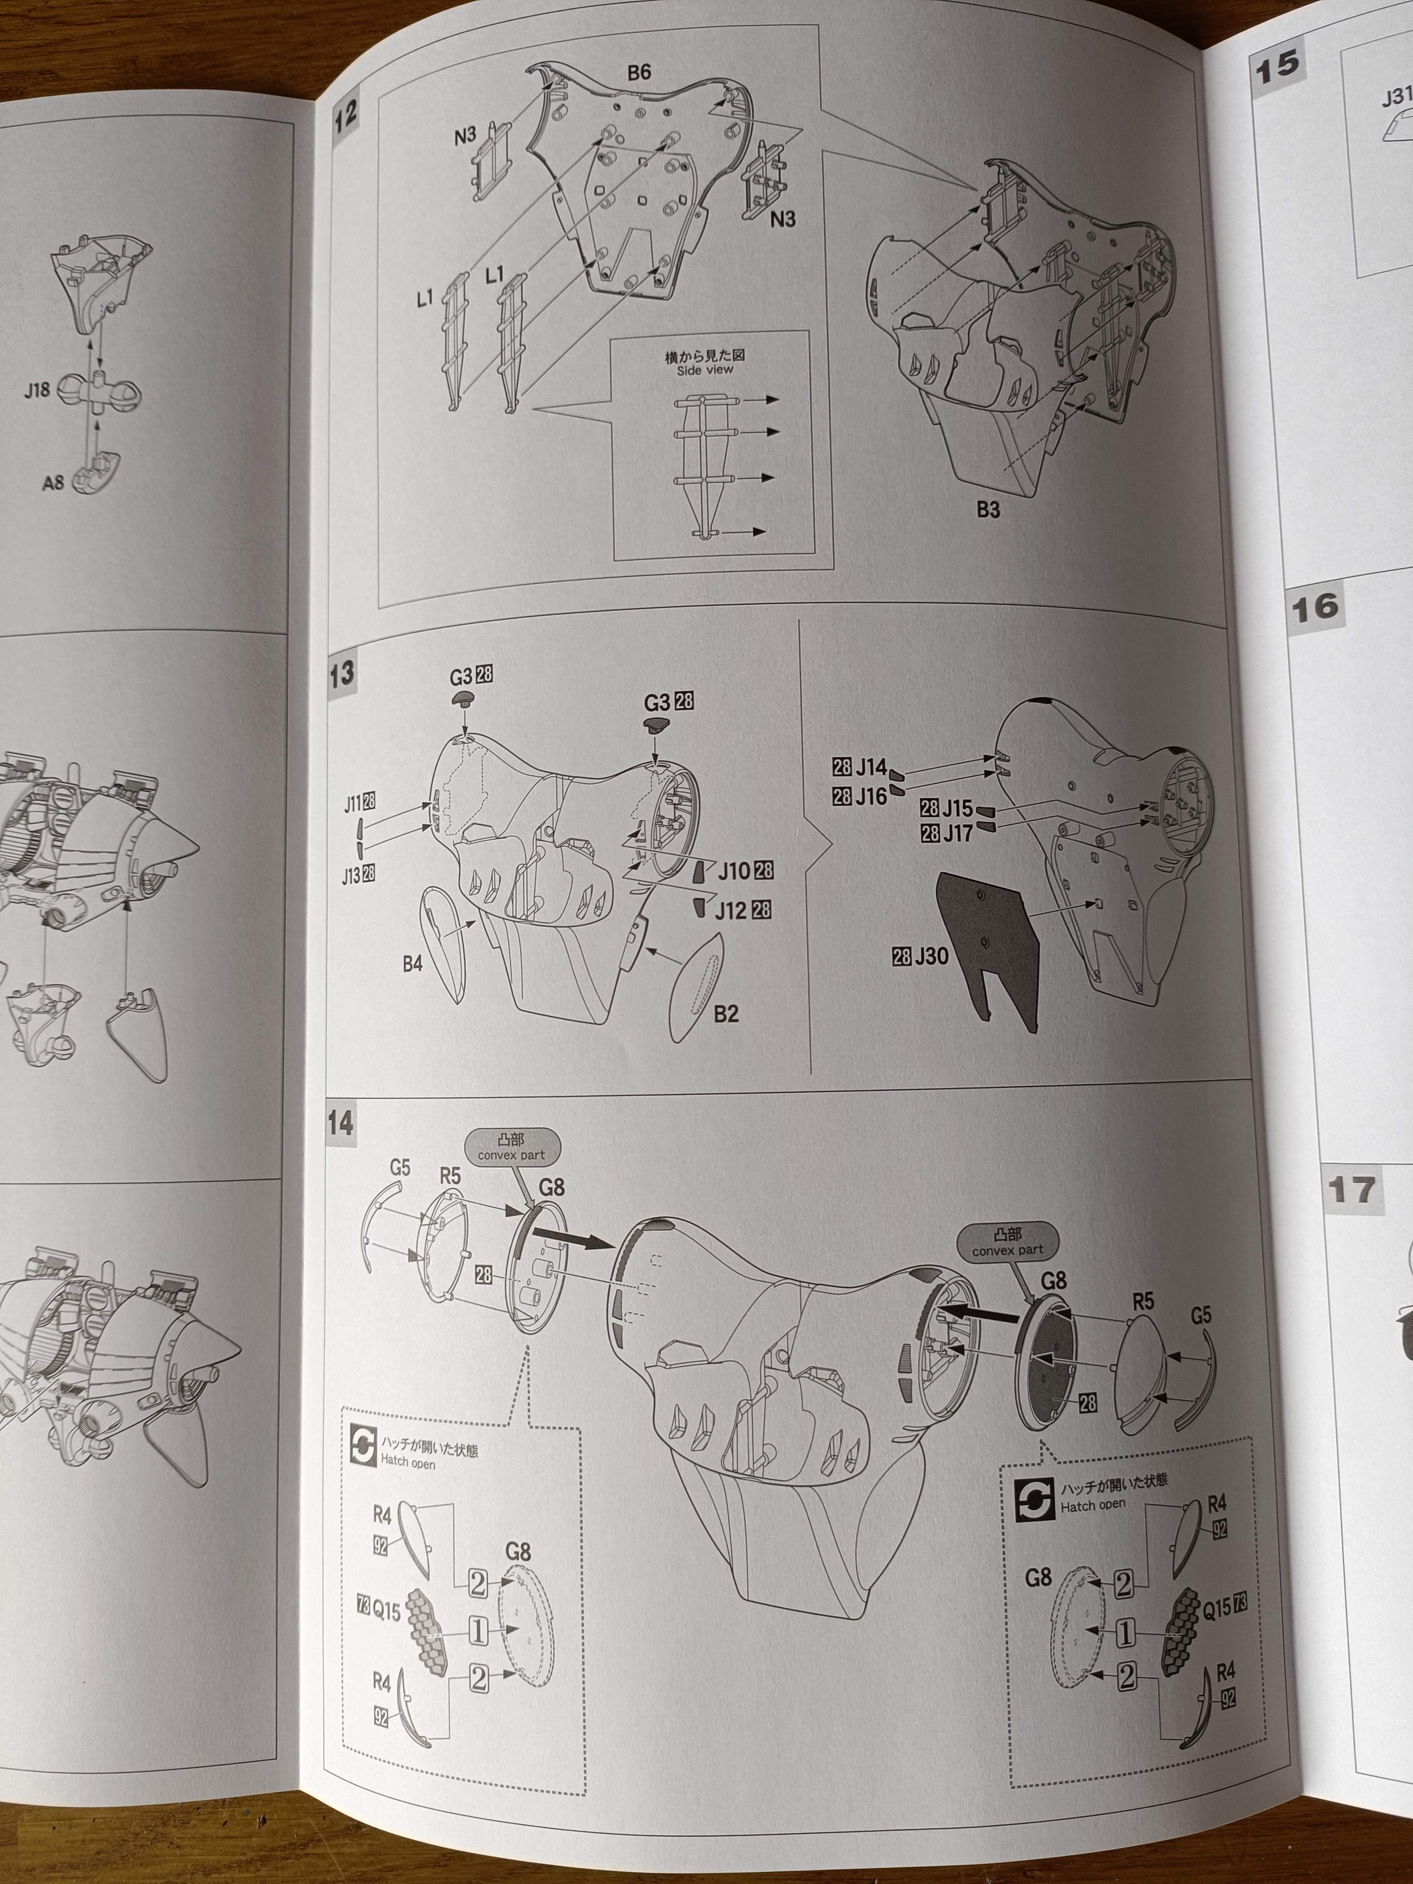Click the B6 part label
coord(639,73)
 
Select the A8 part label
coord(53,483)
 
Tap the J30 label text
coord(932,957)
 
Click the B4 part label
coord(412,964)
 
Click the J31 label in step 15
coord(1397,99)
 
